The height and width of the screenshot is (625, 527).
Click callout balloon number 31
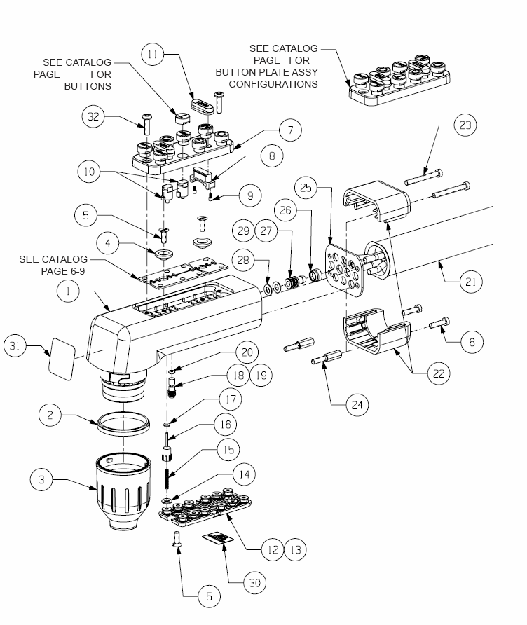click(x=15, y=345)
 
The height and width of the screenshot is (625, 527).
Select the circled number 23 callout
click(x=465, y=125)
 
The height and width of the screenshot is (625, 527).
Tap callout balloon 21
click(x=471, y=282)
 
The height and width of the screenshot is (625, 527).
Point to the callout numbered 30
click(x=254, y=583)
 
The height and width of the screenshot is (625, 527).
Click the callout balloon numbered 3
click(x=41, y=479)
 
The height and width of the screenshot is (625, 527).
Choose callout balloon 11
click(x=153, y=54)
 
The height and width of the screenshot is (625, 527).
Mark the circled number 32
click(x=93, y=116)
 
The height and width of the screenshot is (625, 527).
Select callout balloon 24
click(x=357, y=406)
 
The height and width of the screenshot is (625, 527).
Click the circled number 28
click(x=243, y=260)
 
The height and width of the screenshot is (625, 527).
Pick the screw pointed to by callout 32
click(x=146, y=124)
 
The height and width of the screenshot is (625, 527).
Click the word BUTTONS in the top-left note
click(x=88, y=86)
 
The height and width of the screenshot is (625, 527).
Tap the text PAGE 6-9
click(x=63, y=271)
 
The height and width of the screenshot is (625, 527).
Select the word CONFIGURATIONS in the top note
click(x=273, y=84)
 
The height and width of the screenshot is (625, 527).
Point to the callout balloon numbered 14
click(x=244, y=474)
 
